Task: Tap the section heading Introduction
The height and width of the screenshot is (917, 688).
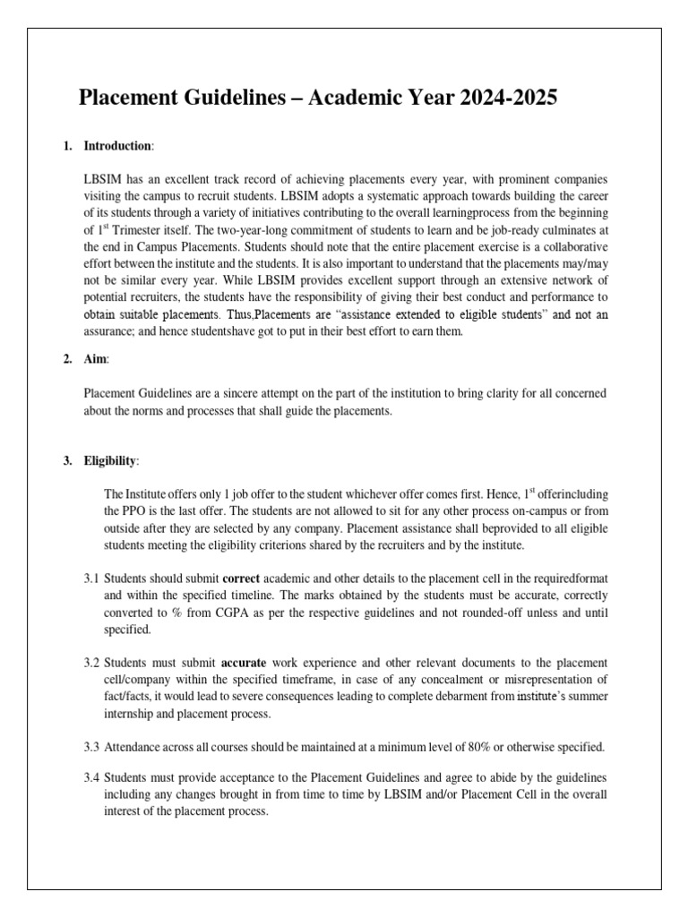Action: pyautogui.click(x=118, y=145)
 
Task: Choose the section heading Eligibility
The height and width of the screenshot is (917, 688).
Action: pyautogui.click(x=111, y=460)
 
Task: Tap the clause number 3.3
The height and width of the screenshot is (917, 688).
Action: pyautogui.click(x=91, y=748)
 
